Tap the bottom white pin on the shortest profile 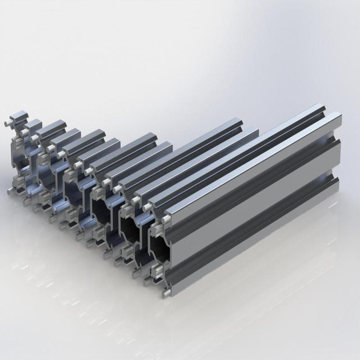click(x=10, y=191)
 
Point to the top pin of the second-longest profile click(x=147, y=207)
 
